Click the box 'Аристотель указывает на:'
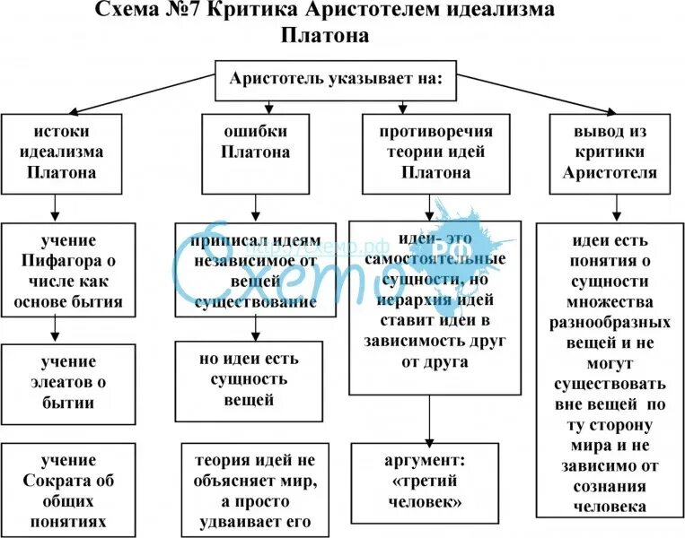(x=336, y=78)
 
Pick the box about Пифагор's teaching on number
(x=68, y=271)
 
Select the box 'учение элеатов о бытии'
(x=68, y=383)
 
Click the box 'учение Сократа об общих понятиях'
(x=68, y=490)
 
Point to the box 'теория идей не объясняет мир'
(x=256, y=490)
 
